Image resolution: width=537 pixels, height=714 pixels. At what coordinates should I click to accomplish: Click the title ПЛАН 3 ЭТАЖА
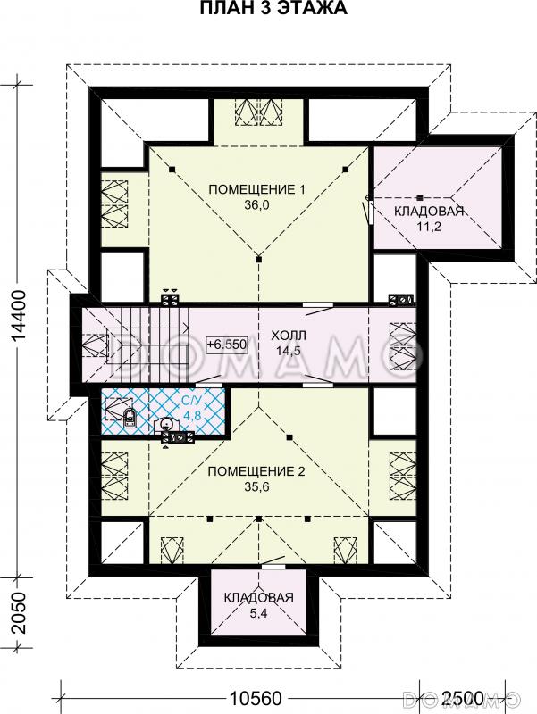click(x=273, y=8)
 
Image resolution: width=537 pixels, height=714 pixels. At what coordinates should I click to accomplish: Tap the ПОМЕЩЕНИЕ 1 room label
click(x=256, y=189)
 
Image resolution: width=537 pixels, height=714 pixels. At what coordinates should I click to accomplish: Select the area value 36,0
click(x=256, y=205)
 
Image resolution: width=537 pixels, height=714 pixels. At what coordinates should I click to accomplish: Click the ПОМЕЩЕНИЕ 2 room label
click(x=256, y=471)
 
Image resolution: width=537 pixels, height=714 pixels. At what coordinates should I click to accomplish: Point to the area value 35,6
click(x=256, y=486)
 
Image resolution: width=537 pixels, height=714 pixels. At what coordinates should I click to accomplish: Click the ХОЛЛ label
click(x=289, y=336)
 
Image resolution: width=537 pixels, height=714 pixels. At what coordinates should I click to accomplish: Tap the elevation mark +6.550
click(x=227, y=344)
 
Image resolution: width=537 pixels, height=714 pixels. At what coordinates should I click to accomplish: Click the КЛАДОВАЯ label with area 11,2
click(x=429, y=211)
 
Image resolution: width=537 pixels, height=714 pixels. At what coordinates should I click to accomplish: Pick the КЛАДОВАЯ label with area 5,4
click(x=258, y=597)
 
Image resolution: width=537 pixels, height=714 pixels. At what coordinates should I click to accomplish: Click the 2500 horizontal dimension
click(x=462, y=698)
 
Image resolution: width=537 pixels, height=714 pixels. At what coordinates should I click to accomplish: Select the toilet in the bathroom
click(x=130, y=418)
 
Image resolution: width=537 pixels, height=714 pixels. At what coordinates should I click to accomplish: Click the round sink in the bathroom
click(x=167, y=424)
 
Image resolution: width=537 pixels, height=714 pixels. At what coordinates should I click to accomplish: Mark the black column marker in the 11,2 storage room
click(x=420, y=197)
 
